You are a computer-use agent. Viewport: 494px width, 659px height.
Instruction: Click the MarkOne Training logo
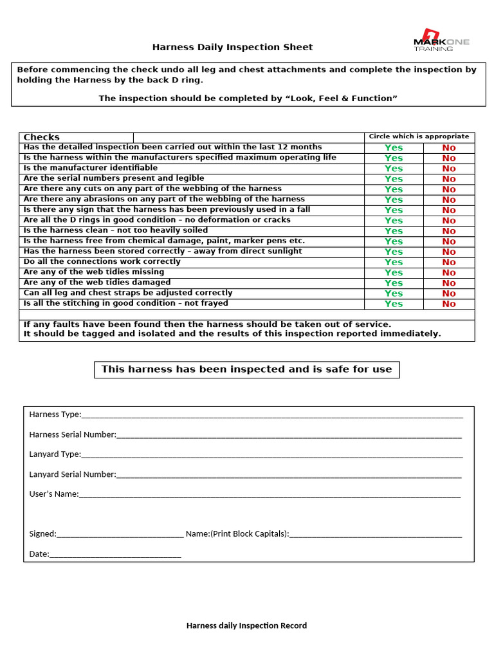click(441, 40)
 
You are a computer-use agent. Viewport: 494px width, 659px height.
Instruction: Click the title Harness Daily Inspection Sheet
click(232, 47)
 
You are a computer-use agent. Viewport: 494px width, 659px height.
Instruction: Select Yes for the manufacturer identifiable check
click(394, 169)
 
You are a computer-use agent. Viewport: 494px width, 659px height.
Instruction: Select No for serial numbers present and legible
click(448, 179)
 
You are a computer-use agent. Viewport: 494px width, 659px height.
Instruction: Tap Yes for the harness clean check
click(394, 231)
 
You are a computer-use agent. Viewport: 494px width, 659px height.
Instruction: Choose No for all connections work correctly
click(448, 262)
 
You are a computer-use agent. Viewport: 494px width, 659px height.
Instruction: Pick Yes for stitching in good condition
click(394, 304)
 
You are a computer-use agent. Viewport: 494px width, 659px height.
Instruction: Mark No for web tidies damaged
click(448, 283)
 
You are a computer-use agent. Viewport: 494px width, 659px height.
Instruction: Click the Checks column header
click(41, 137)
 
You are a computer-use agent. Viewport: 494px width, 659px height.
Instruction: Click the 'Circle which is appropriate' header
click(419, 136)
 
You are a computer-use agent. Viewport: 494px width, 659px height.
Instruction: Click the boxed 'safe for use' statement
click(247, 369)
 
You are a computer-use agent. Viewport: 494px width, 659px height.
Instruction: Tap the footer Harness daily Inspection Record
click(246, 626)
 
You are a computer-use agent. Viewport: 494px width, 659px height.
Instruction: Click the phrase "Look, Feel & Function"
click(343, 98)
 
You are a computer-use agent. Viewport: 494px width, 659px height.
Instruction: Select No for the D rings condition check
click(448, 221)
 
